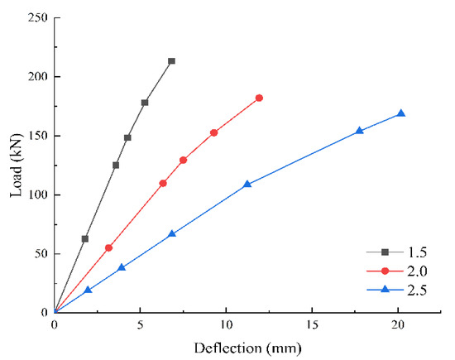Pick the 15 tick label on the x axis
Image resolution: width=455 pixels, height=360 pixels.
click(312, 326)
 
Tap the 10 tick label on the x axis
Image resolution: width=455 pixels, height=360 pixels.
click(226, 326)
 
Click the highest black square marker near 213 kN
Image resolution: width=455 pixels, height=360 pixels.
click(171, 61)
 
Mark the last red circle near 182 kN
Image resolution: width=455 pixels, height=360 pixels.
click(259, 98)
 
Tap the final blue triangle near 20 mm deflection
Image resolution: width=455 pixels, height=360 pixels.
click(401, 113)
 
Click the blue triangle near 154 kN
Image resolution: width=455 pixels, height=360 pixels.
click(359, 130)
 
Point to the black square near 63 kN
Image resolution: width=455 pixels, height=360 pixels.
click(85, 238)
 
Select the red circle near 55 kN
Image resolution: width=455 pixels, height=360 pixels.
click(108, 247)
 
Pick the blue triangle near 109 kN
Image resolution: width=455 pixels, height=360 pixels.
click(247, 184)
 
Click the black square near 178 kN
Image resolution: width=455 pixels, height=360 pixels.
click(145, 103)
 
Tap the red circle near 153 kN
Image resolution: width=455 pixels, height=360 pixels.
click(214, 132)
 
